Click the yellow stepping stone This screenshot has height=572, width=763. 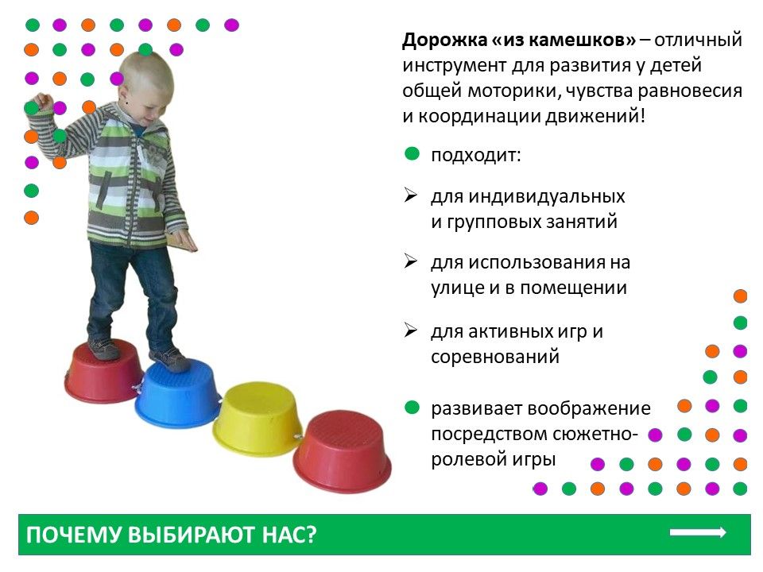tap(257, 419)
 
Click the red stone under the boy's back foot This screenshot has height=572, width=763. tap(103, 372)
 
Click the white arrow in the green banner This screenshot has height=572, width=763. tap(698, 532)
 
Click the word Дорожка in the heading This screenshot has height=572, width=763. tap(445, 41)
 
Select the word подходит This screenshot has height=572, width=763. tap(476, 156)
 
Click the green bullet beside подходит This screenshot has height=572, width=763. tap(412, 154)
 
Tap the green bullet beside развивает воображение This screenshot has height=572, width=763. tap(412, 407)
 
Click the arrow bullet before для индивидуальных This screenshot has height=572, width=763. tap(411, 195)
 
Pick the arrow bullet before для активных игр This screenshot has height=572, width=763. tap(411, 330)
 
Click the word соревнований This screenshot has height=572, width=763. tap(495, 357)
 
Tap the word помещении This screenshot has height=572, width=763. tap(573, 288)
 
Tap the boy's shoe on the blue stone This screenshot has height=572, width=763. tap(168, 359)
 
